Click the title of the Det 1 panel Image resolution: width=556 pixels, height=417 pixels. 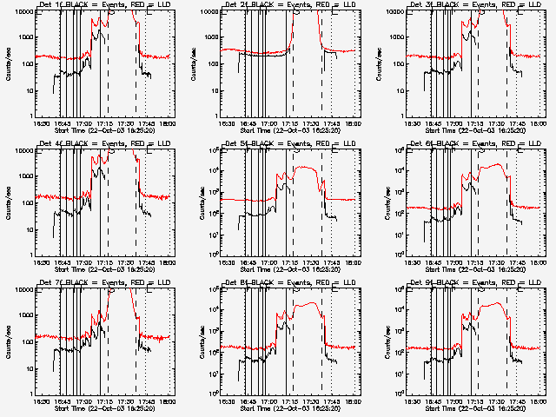[103, 4]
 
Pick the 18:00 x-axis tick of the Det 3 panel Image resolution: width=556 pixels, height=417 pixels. [539, 123]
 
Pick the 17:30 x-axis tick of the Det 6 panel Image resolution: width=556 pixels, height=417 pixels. [497, 261]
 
